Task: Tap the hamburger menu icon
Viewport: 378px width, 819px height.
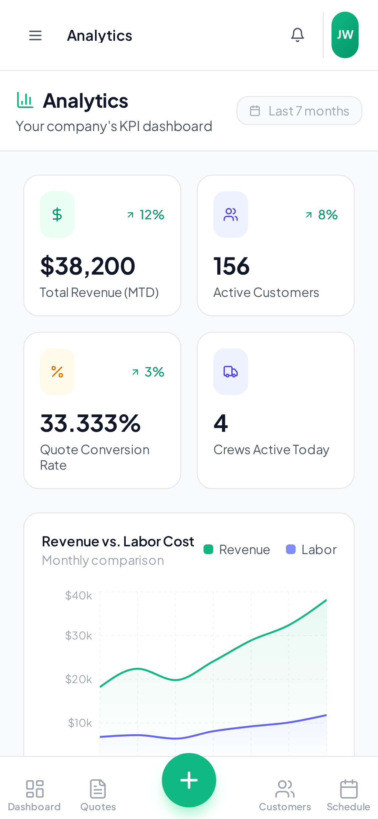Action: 35,35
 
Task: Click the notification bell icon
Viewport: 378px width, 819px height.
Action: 297,35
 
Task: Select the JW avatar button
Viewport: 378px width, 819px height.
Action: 345,35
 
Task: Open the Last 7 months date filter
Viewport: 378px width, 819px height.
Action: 299,111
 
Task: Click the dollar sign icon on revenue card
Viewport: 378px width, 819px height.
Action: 57,214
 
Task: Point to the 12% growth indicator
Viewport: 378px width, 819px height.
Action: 146,215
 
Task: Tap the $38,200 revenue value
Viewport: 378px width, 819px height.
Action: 88,266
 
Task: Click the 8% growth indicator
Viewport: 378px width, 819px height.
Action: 322,215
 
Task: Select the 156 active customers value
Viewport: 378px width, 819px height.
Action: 231,266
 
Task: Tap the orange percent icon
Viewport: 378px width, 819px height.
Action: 57,372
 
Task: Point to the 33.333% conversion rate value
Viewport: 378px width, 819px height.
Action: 90,423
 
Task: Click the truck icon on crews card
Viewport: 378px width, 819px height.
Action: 231,372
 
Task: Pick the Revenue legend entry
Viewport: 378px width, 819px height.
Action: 237,550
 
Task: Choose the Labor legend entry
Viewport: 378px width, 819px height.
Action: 311,550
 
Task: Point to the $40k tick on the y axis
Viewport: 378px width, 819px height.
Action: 79,595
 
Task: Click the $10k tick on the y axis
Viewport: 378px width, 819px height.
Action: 80,723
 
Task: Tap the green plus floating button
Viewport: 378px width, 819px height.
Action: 189,780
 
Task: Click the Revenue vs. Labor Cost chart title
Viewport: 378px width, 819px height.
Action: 118,541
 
